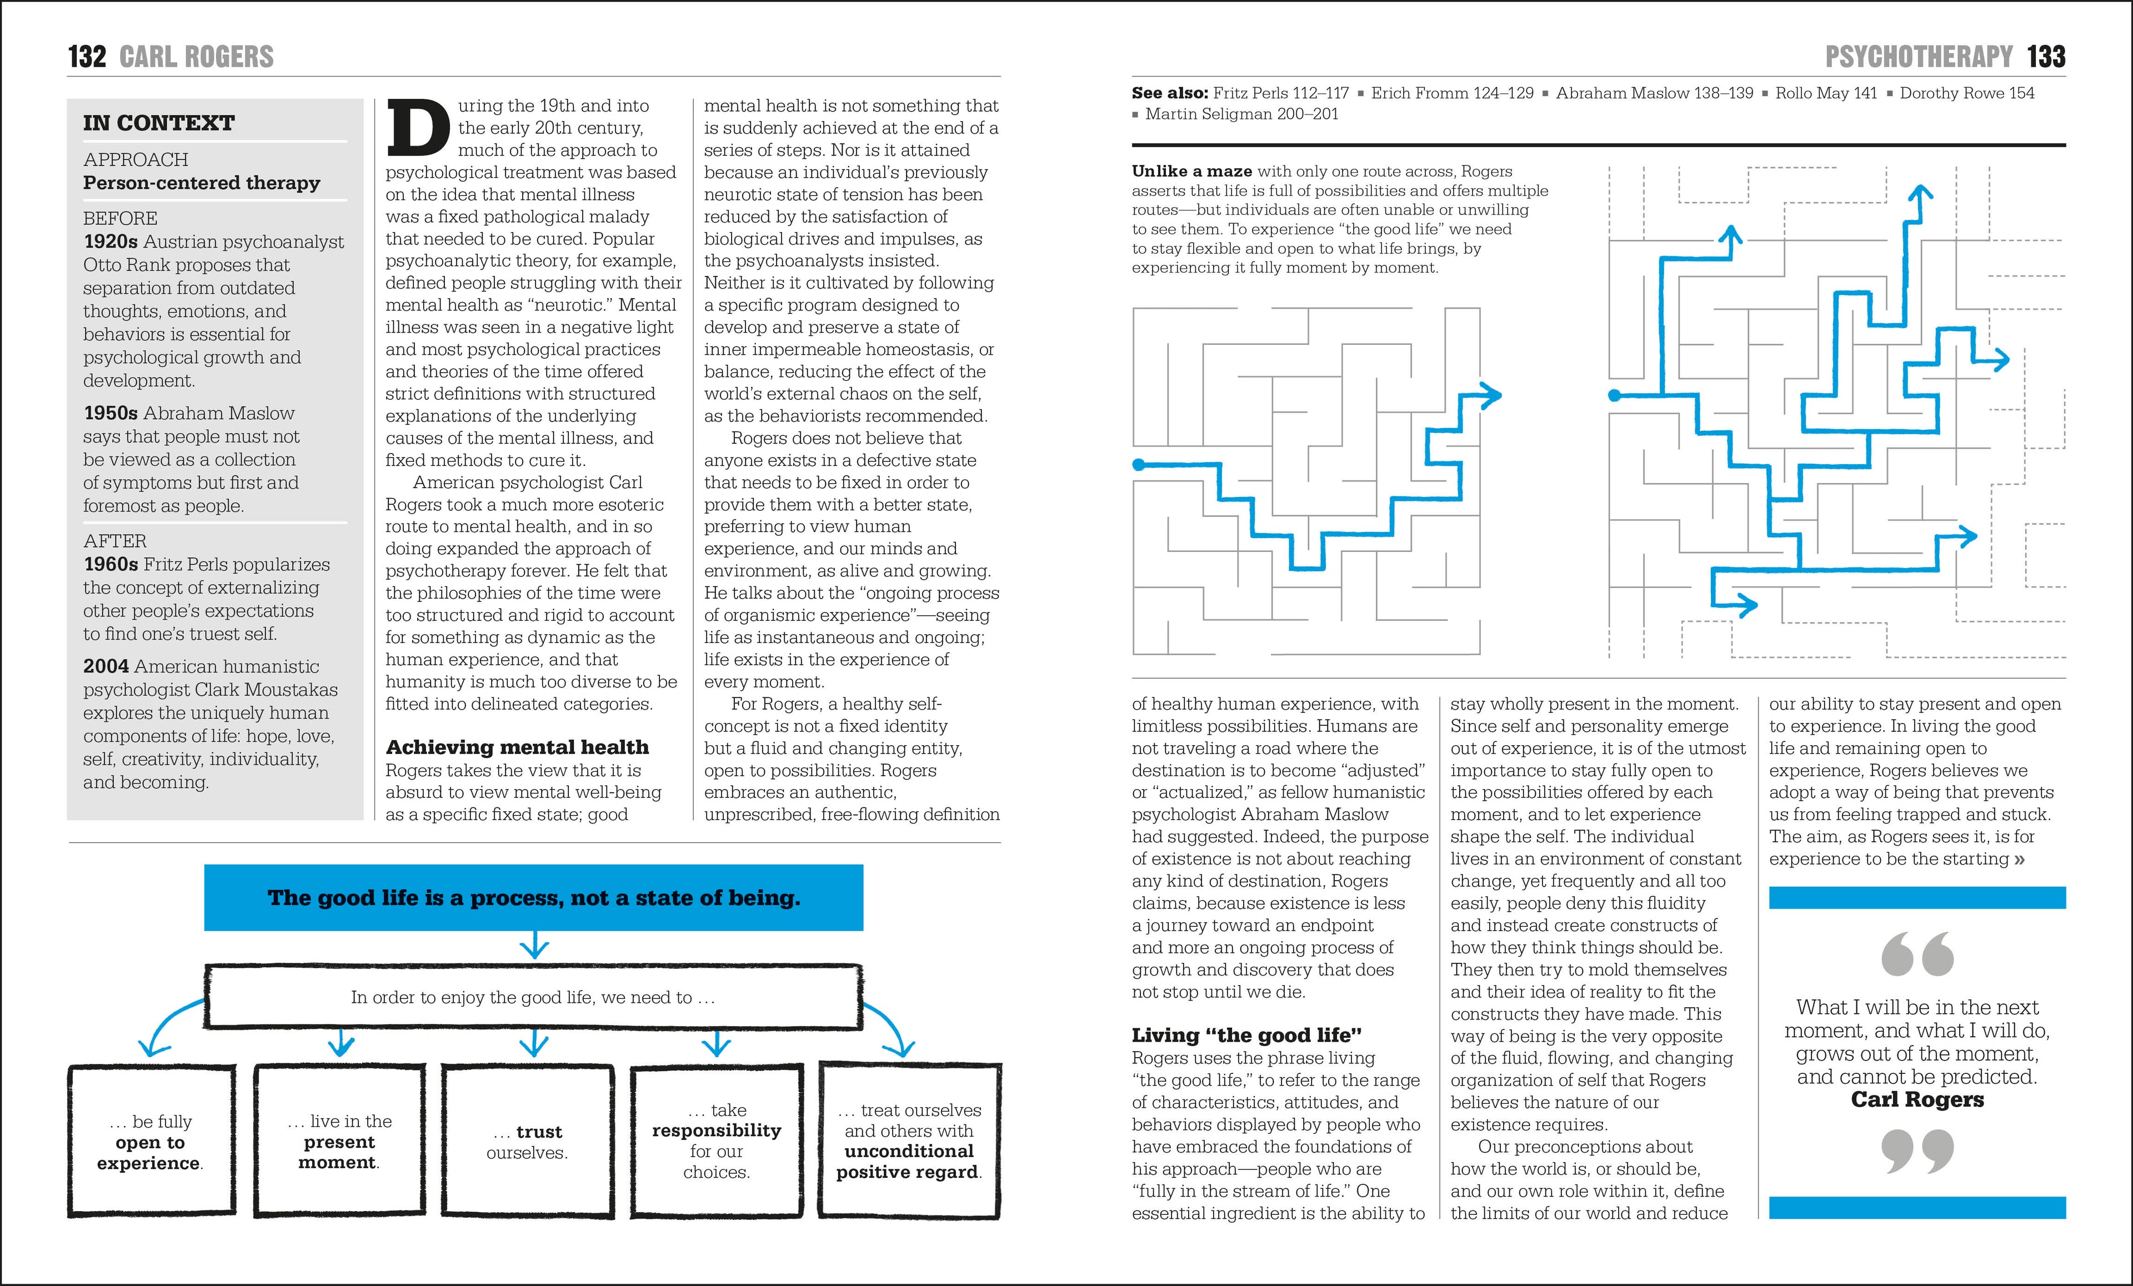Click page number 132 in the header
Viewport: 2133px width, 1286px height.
[87, 57]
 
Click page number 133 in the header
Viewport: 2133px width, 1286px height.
[2046, 57]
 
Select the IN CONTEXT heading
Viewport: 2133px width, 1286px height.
[158, 123]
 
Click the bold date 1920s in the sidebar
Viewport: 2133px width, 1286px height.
[110, 242]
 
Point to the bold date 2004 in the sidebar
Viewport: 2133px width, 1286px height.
[106, 666]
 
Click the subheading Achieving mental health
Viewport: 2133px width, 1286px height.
[517, 747]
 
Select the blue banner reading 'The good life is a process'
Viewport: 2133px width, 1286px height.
[533, 897]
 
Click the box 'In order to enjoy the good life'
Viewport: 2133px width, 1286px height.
[533, 997]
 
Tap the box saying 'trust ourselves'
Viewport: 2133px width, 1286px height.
[527, 1142]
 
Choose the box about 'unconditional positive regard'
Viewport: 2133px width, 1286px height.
[909, 1141]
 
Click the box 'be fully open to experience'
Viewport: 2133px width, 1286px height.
[151, 1142]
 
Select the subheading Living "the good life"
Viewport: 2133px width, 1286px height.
[1246, 1035]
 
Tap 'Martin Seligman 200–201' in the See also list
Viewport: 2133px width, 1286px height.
[1241, 114]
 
